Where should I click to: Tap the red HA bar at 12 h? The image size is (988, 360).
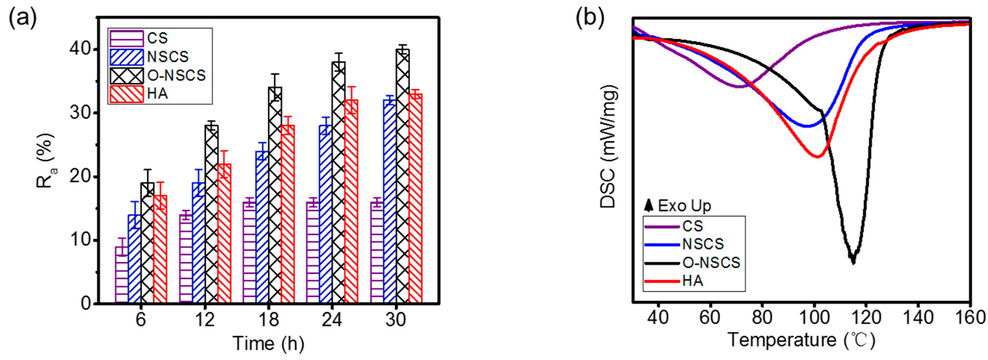[x=224, y=234]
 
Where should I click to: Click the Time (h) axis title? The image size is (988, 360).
[x=268, y=343]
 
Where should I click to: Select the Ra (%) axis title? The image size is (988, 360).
[x=45, y=160]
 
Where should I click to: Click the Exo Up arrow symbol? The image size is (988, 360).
[x=649, y=206]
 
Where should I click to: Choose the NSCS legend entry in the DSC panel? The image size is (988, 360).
[x=703, y=244]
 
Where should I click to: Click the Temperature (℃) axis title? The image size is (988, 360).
[x=802, y=341]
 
